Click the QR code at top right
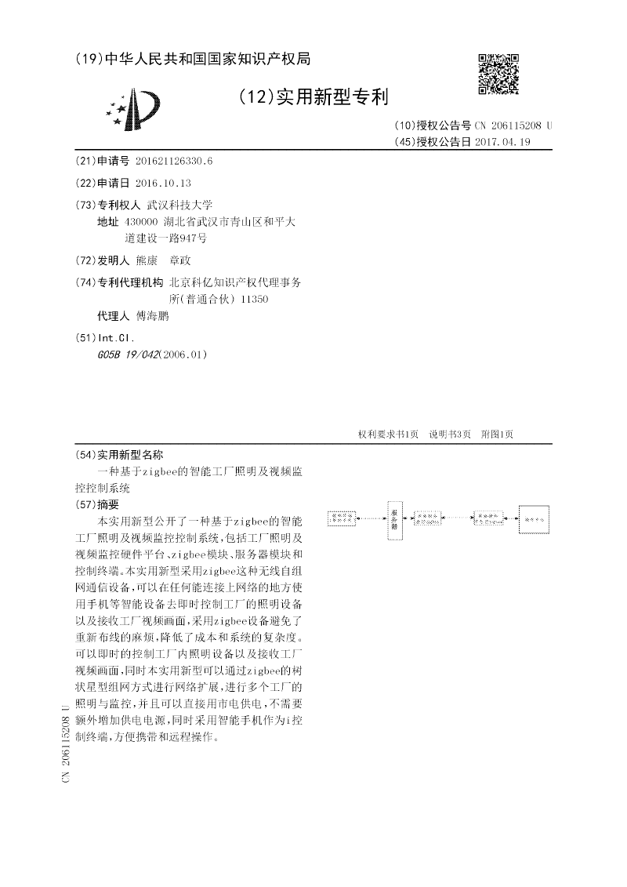pyautogui.click(x=498, y=74)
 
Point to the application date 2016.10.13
pyautogui.click(x=163, y=182)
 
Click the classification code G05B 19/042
pyautogui.click(x=126, y=354)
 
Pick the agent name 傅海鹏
pyautogui.click(x=152, y=316)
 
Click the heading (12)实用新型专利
pyautogui.click(x=312, y=96)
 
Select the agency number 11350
pyautogui.click(x=256, y=299)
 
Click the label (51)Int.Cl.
pyautogui.click(x=104, y=337)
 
